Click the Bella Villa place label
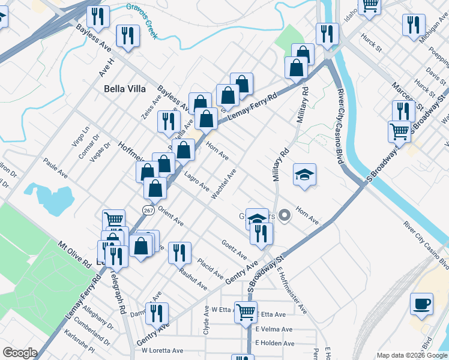click(125, 88)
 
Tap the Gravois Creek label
click(142, 21)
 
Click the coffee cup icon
click(421, 304)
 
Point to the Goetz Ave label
click(234, 248)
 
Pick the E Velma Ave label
click(274, 329)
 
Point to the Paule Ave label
click(55, 167)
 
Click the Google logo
click(20, 353)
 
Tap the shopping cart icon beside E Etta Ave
click(246, 312)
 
